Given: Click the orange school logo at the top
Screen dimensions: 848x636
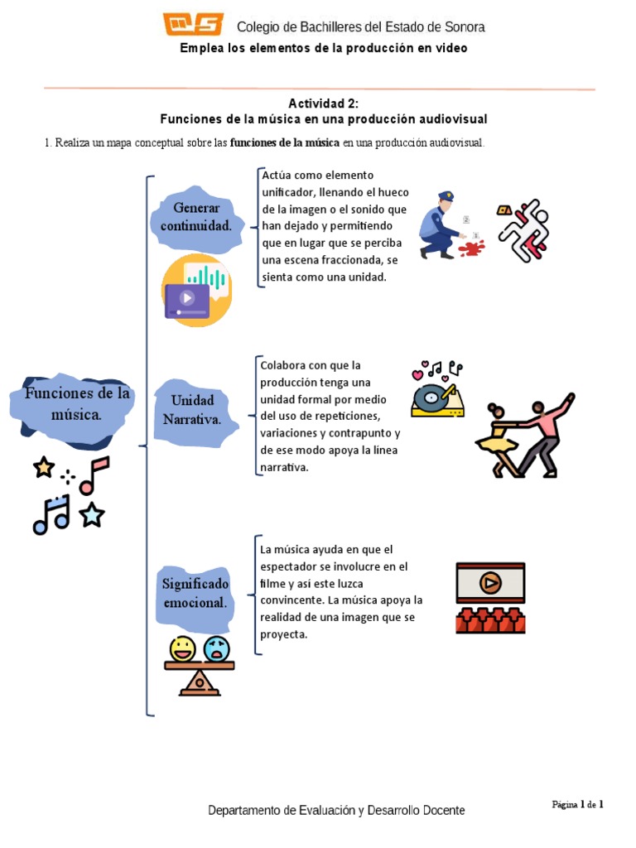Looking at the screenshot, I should pyautogui.click(x=192, y=25).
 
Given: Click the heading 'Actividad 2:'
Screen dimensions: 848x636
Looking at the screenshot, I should pyautogui.click(x=323, y=103).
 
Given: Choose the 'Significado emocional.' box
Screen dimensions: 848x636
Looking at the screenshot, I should pyautogui.click(x=195, y=594).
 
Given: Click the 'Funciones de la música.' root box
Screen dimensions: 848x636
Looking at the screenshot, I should pyautogui.click(x=77, y=403).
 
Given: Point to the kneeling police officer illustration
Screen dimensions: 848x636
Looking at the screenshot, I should pyautogui.click(x=437, y=225).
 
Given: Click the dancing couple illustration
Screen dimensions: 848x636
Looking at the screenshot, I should pyautogui.click(x=524, y=436).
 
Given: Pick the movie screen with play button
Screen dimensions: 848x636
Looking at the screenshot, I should pyautogui.click(x=489, y=583).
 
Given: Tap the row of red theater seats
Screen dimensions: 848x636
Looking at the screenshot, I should pyautogui.click(x=489, y=620).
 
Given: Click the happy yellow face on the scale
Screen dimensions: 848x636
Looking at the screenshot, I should pyautogui.click(x=181, y=648).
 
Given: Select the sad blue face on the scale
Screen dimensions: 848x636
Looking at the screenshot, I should pyautogui.click(x=216, y=648).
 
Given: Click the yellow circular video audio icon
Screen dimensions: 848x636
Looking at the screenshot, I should pyautogui.click(x=196, y=291).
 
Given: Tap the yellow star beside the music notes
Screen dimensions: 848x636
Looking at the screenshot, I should pyautogui.click(x=44, y=467).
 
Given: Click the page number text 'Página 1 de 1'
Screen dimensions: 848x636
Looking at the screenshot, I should pyautogui.click(x=578, y=804).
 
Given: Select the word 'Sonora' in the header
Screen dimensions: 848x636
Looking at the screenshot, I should pyautogui.click(x=464, y=27).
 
